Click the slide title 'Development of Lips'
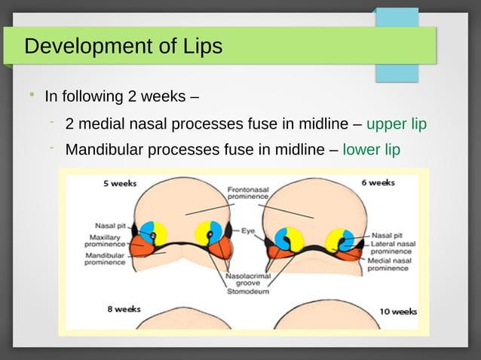click(124, 47)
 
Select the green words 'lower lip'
click(371, 149)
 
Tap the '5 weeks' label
click(120, 184)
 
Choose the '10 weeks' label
click(398, 311)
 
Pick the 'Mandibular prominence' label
click(105, 258)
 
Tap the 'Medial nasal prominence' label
click(389, 264)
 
